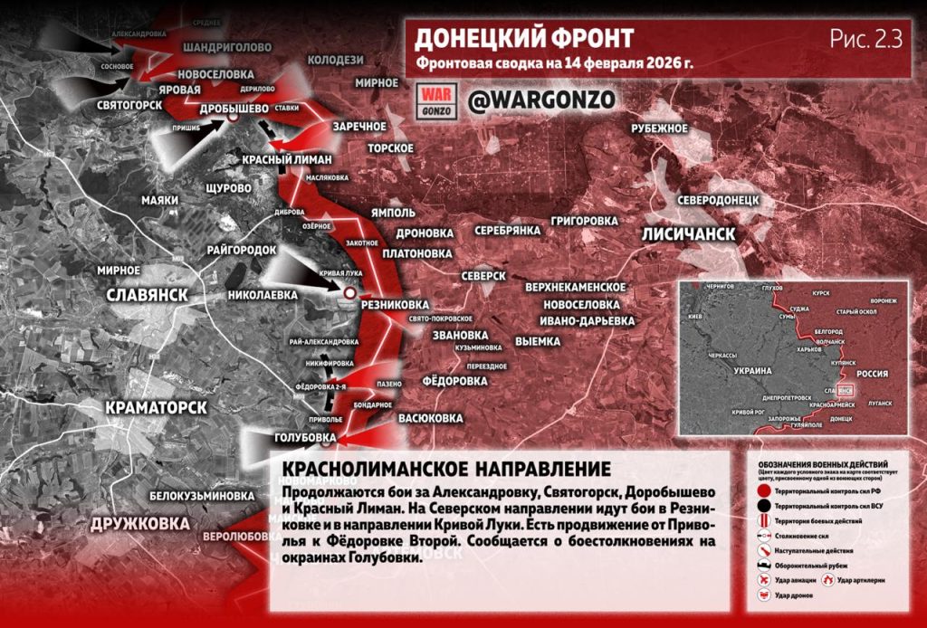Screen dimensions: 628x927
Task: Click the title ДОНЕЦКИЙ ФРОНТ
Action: pyautogui.click(x=524, y=39)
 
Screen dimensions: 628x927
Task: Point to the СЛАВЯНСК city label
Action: pyautogui.click(x=147, y=295)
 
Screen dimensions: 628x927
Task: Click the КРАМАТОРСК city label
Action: pyautogui.click(x=156, y=407)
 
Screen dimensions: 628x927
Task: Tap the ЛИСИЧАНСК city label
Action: pyautogui.click(x=688, y=233)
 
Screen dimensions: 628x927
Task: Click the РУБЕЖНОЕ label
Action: pyautogui.click(x=660, y=128)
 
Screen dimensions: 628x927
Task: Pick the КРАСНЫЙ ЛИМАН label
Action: pyautogui.click(x=288, y=159)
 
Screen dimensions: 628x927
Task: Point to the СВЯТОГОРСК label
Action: pyautogui.click(x=129, y=105)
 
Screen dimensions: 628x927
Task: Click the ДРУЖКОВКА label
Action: pyautogui.click(x=139, y=523)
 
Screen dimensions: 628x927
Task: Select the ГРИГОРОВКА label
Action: pyautogui.click(x=584, y=220)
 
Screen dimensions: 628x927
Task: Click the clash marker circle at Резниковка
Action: pyautogui.click(x=349, y=292)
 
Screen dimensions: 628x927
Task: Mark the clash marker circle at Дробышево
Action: pyautogui.click(x=233, y=118)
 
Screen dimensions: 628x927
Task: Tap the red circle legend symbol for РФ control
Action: pyautogui.click(x=764, y=489)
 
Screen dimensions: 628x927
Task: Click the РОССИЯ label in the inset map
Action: pyautogui.click(x=874, y=373)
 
